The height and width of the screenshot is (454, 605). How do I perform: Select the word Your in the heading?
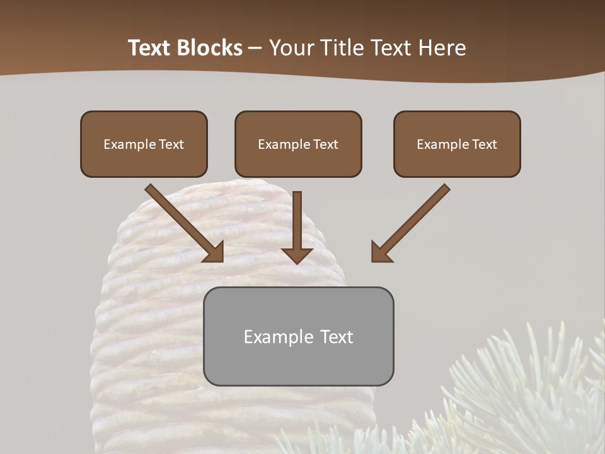click(x=289, y=48)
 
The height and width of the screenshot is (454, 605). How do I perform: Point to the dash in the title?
click(x=255, y=49)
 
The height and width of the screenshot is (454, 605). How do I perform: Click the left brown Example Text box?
click(x=144, y=144)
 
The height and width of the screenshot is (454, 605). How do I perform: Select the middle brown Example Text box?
click(x=298, y=144)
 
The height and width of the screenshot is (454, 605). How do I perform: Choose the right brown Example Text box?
click(x=457, y=144)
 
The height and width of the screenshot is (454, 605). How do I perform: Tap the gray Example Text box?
click(x=298, y=336)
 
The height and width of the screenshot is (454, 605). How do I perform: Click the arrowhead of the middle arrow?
click(x=297, y=254)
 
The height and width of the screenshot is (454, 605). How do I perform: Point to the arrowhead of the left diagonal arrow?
click(x=214, y=252)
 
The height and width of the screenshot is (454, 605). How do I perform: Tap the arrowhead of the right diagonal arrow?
click(x=381, y=252)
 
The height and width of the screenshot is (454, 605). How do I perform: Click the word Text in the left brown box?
click(x=172, y=144)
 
